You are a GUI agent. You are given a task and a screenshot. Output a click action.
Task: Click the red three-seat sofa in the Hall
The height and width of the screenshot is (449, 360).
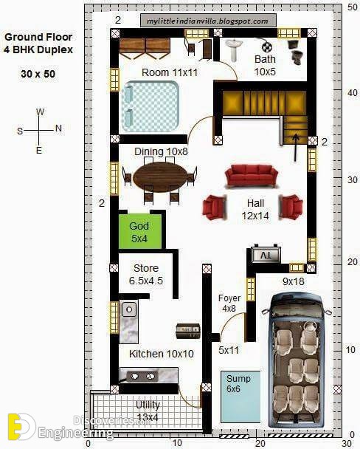pos(252,176)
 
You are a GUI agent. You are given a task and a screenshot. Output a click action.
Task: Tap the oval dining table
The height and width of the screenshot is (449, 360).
pos(161,177)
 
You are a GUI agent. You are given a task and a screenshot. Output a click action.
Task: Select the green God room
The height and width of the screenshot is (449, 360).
pos(140,231)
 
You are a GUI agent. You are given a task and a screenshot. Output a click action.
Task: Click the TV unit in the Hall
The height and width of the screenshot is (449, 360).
pos(266,254)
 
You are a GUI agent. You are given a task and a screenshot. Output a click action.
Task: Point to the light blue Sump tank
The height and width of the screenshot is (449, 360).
pos(240,397)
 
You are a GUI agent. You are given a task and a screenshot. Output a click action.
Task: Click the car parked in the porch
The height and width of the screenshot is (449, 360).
pos(297,360)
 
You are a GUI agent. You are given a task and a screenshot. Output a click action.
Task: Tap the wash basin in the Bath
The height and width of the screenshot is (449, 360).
pos(234,49)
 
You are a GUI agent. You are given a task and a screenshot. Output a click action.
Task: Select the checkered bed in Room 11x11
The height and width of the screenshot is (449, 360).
pos(150,106)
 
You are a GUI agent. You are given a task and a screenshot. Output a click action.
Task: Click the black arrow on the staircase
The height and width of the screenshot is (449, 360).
pos(296,148)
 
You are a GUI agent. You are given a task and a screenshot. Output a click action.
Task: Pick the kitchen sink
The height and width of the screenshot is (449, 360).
pos(129,309)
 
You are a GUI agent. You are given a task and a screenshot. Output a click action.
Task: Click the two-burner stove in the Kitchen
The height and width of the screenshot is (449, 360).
pos(142,376)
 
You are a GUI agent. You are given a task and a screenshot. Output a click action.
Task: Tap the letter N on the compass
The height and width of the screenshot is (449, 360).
pos(58,128)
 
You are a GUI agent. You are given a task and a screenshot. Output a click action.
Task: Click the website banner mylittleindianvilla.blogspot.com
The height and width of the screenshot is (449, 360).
pos(208,21)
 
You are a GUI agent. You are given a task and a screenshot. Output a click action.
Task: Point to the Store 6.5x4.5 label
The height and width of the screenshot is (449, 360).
pos(146,274)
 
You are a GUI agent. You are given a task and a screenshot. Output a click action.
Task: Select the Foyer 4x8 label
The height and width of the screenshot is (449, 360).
pos(229,303)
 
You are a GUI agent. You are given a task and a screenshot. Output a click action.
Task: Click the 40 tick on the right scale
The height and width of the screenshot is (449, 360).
pos(353,93)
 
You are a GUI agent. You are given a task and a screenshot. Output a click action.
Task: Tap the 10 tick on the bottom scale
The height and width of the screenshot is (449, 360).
pos(177,442)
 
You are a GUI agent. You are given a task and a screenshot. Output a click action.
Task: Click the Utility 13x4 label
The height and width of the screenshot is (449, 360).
pos(148,411)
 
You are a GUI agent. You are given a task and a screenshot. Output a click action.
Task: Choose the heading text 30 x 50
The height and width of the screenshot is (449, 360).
pos(38,74)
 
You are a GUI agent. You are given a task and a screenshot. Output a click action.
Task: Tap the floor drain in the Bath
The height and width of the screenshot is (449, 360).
pos(267,47)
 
